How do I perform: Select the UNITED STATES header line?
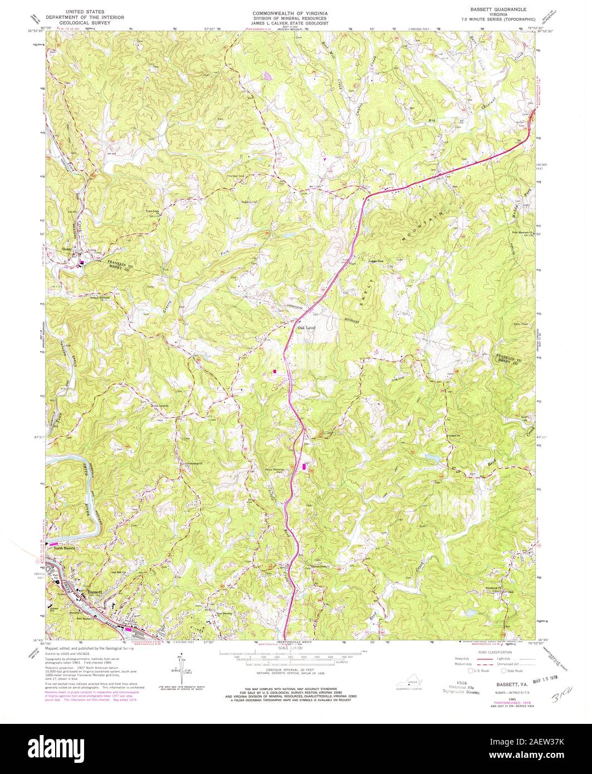85,11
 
